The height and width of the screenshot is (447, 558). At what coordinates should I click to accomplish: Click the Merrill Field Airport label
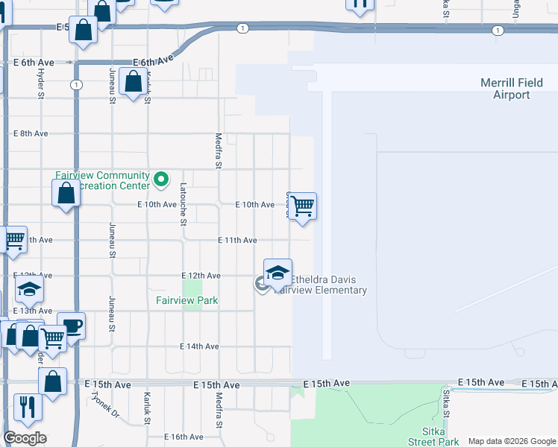pyautogui.click(x=511, y=89)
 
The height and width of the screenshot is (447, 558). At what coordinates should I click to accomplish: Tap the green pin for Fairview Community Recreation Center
pyautogui.click(x=160, y=179)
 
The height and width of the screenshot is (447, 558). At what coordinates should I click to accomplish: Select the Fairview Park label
pyautogui.click(x=186, y=301)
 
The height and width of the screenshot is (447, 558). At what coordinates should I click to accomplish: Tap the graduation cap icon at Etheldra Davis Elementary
pyautogui.click(x=278, y=272)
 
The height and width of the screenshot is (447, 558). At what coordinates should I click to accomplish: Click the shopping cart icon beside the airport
pyautogui.click(x=302, y=205)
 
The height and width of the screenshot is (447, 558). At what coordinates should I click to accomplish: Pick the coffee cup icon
pyautogui.click(x=72, y=325)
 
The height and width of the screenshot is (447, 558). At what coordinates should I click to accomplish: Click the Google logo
pyautogui.click(x=25, y=438)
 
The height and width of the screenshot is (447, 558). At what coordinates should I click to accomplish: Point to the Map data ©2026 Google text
pyautogui.click(x=512, y=442)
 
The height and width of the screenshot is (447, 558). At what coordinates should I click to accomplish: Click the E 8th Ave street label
pyautogui.click(x=31, y=133)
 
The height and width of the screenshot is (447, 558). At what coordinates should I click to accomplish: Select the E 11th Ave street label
pyautogui.click(x=237, y=241)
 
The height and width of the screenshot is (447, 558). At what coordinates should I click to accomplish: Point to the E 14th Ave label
pyautogui.click(x=199, y=346)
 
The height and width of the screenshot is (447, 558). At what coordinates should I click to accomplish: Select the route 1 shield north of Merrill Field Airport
pyautogui.click(x=498, y=31)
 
